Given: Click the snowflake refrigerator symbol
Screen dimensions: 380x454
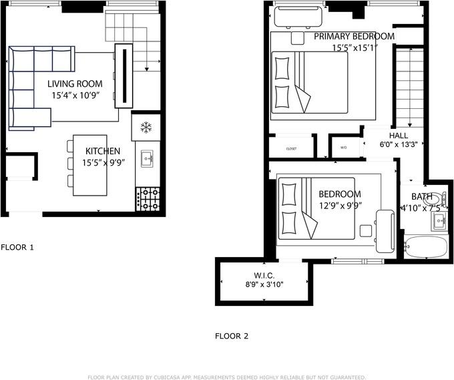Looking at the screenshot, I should [x=146, y=127].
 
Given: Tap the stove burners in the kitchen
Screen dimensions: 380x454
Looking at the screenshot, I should [x=148, y=199].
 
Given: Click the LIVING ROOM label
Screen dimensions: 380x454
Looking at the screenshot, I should [x=75, y=83].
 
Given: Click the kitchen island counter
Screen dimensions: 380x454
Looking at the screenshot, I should [x=89, y=166].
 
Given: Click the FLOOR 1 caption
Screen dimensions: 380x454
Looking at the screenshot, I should [x=17, y=247].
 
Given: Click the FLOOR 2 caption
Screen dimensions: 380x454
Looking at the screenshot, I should [x=232, y=336].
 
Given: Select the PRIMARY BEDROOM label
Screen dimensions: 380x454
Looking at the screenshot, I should [x=354, y=36].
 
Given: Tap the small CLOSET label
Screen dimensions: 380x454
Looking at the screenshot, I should [x=291, y=148].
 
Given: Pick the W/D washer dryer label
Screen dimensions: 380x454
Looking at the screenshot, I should [x=343, y=148].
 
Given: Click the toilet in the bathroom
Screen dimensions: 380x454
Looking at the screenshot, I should [x=433, y=199].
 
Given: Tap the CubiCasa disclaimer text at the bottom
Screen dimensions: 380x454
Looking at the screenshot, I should [x=227, y=377].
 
